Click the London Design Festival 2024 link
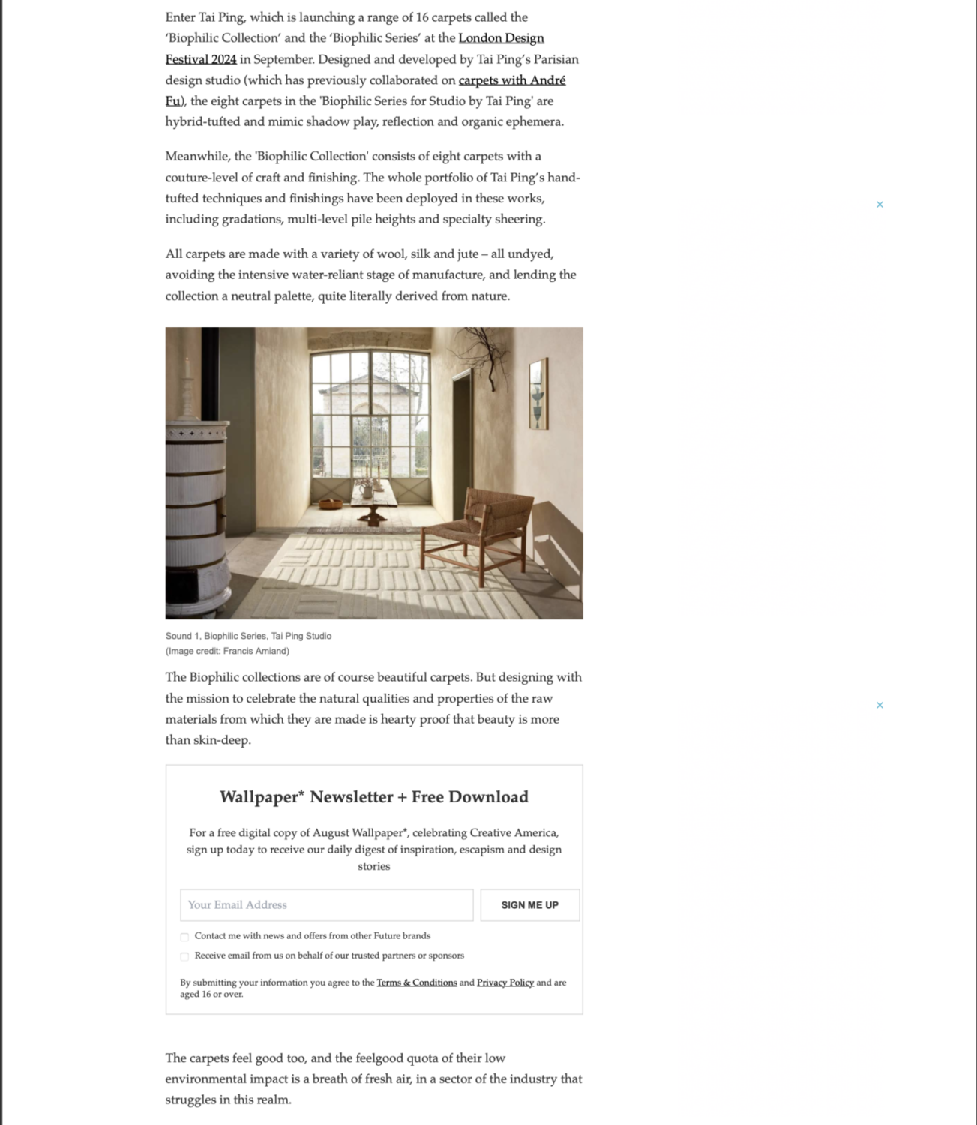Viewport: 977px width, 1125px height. pyautogui.click(x=501, y=38)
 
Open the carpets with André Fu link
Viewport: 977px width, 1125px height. pyautogui.click(x=511, y=80)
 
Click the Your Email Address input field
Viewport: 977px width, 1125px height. pyautogui.click(x=326, y=905)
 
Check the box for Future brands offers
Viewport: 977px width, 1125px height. pyautogui.click(x=184, y=937)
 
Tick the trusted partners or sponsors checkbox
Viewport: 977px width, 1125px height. pyautogui.click(x=184, y=956)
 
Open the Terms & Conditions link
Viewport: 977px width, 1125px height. pyautogui.click(x=416, y=982)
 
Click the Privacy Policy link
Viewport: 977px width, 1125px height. pyautogui.click(x=505, y=982)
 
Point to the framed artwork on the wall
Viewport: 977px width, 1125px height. pyautogui.click(x=538, y=394)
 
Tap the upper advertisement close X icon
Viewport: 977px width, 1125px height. pyautogui.click(x=880, y=204)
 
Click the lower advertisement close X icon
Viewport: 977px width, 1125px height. pyautogui.click(x=880, y=705)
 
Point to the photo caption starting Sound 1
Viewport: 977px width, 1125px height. pyautogui.click(x=248, y=636)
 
